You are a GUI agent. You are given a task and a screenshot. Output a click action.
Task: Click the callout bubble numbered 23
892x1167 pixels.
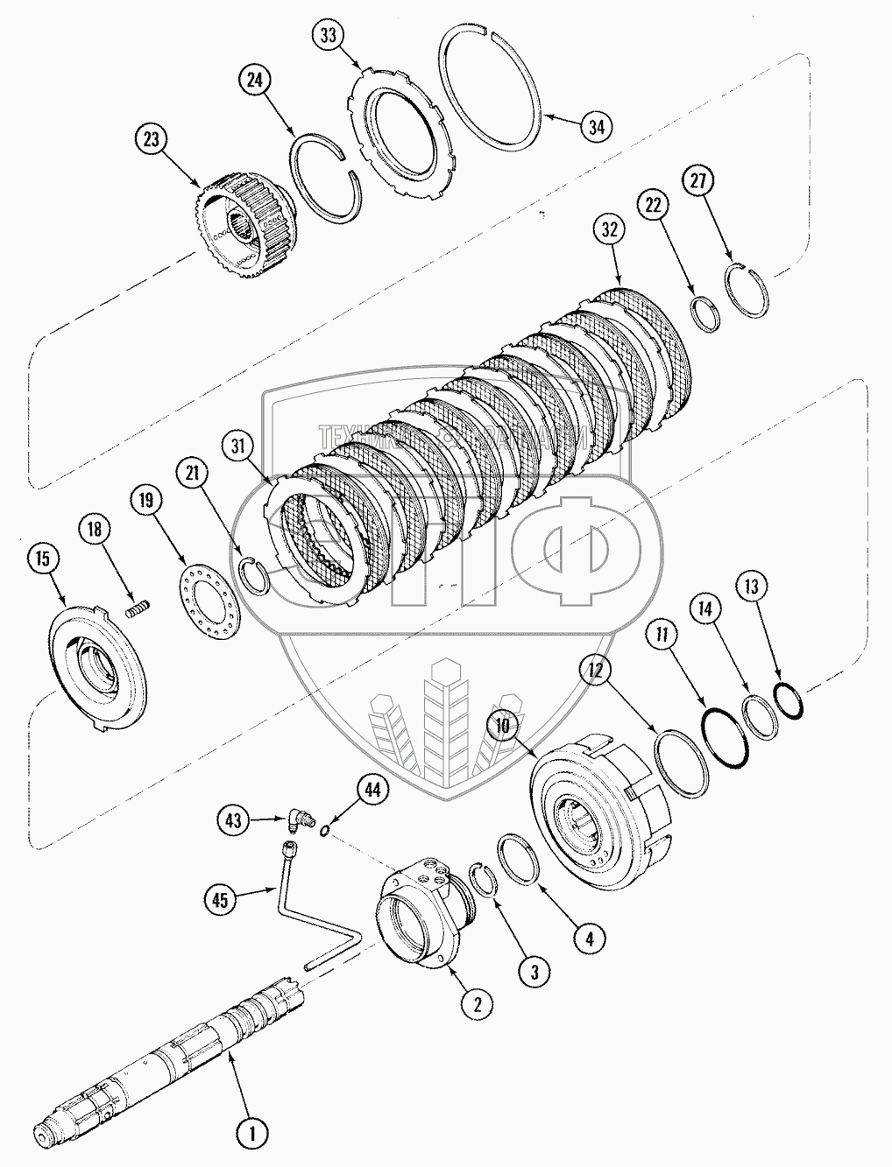click(x=150, y=140)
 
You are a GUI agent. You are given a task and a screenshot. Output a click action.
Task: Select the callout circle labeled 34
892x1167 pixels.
click(x=596, y=126)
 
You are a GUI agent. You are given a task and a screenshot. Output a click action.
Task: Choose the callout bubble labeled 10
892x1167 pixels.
click(x=501, y=727)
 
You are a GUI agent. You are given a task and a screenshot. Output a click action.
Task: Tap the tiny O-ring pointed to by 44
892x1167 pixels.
click(x=325, y=830)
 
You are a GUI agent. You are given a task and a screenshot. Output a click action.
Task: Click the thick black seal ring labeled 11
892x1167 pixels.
click(x=726, y=735)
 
